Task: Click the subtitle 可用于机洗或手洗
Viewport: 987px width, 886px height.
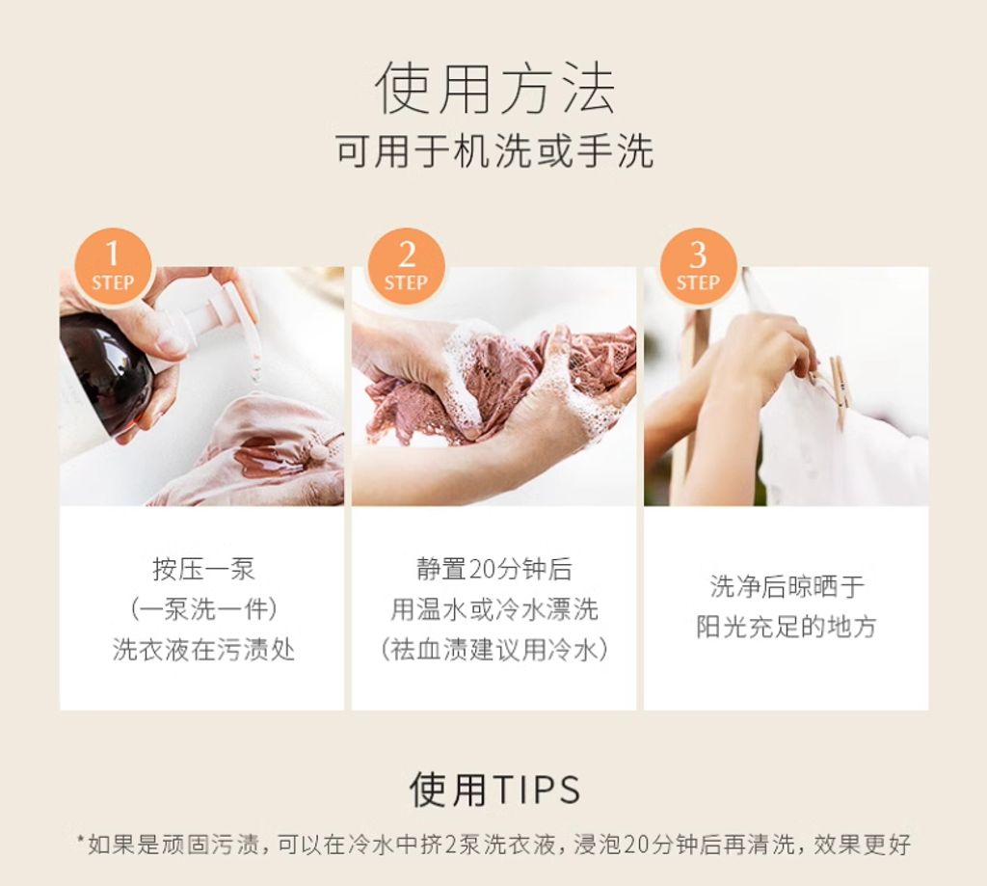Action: point(493,152)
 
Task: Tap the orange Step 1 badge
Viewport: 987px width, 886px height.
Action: point(112,265)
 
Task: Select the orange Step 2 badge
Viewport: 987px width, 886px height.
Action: point(406,265)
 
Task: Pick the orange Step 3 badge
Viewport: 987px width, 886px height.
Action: point(698,265)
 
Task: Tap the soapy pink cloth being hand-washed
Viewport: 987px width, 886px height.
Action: point(501,386)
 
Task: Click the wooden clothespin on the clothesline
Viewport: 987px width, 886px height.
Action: point(838,386)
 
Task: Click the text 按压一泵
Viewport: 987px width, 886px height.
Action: point(203,569)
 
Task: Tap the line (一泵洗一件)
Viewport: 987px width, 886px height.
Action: point(203,609)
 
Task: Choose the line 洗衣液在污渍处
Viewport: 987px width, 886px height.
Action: point(203,650)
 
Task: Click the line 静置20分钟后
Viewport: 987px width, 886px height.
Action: point(493,569)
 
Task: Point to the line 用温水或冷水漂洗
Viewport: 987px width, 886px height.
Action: point(493,609)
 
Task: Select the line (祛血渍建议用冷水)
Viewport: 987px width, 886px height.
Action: point(493,650)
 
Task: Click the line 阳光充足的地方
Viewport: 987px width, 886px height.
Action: point(787,627)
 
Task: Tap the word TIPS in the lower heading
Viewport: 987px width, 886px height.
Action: point(537,790)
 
